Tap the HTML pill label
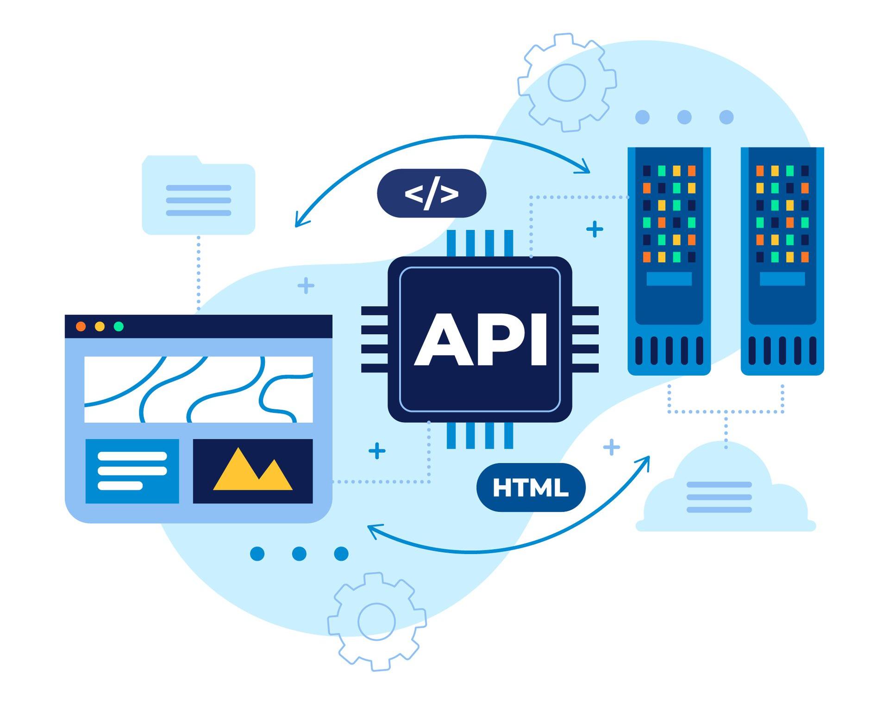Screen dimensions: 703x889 [x=531, y=487]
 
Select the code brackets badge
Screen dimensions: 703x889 [x=432, y=193]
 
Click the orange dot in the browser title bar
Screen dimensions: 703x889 [x=81, y=327]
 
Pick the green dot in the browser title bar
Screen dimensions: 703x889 [x=119, y=327]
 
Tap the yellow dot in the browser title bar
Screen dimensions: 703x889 [x=100, y=327]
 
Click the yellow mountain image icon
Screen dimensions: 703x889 [x=253, y=471]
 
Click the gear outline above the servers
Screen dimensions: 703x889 [x=567, y=82]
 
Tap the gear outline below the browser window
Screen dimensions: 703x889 [x=376, y=622]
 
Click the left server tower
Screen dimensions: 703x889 [x=669, y=261]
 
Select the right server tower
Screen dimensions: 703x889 [x=783, y=261]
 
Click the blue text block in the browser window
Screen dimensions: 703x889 [x=132, y=471]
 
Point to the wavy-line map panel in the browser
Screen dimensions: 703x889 [x=199, y=389]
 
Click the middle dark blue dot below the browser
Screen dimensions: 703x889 [x=299, y=554]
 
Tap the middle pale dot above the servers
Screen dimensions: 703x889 [x=684, y=117]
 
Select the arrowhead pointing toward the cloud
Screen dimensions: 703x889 [x=645, y=461]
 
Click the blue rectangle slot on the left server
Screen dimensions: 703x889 [x=669, y=278]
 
